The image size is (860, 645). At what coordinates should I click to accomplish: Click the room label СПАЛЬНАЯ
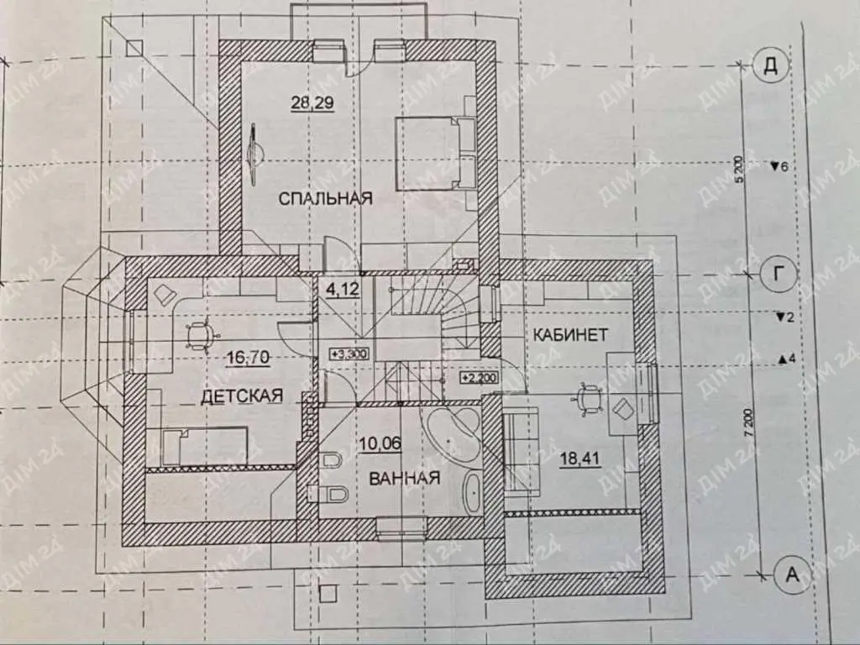pyautogui.click(x=325, y=198)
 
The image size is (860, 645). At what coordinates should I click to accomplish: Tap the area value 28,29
pyautogui.click(x=312, y=102)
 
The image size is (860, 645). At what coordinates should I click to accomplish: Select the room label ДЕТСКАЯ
pyautogui.click(x=242, y=396)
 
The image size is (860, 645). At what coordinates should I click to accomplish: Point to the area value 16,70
pyautogui.click(x=248, y=358)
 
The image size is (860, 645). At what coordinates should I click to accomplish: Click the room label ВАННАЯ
pyautogui.click(x=405, y=478)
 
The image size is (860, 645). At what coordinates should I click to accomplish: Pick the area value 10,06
pyautogui.click(x=380, y=443)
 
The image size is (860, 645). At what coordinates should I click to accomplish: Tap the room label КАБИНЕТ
pyautogui.click(x=570, y=334)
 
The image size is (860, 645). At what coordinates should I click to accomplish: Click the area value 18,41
pyautogui.click(x=579, y=458)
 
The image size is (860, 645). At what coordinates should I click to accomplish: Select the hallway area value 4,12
pyautogui.click(x=343, y=289)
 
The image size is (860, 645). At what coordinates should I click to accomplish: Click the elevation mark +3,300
pyautogui.click(x=349, y=354)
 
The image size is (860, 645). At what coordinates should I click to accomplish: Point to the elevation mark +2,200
pyautogui.click(x=480, y=378)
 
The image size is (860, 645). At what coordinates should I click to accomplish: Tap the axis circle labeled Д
pyautogui.click(x=771, y=65)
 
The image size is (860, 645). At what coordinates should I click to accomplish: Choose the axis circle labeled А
pyautogui.click(x=791, y=574)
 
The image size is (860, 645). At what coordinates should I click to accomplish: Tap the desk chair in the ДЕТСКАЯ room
pyautogui.click(x=198, y=334)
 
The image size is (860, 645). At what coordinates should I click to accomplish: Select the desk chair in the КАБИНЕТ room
pyautogui.click(x=587, y=397)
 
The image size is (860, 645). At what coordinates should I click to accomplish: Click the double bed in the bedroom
pyautogui.click(x=436, y=153)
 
